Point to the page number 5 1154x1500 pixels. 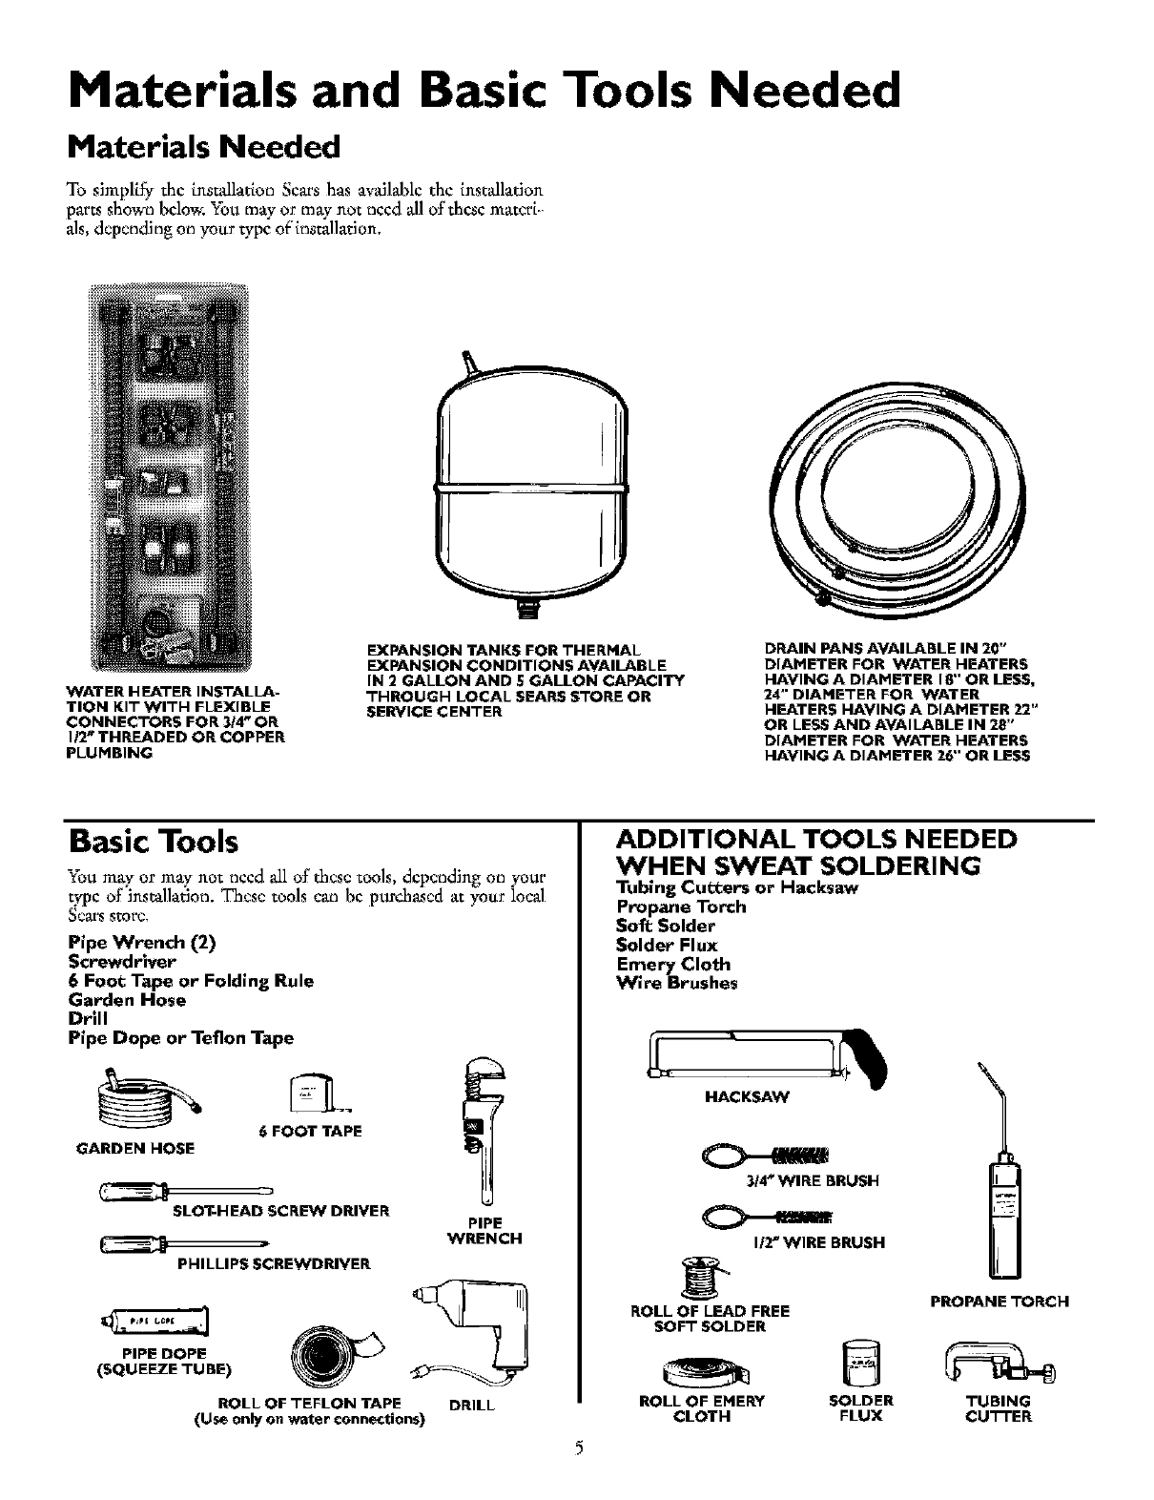(576, 1474)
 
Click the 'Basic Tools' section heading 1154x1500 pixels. (153, 843)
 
